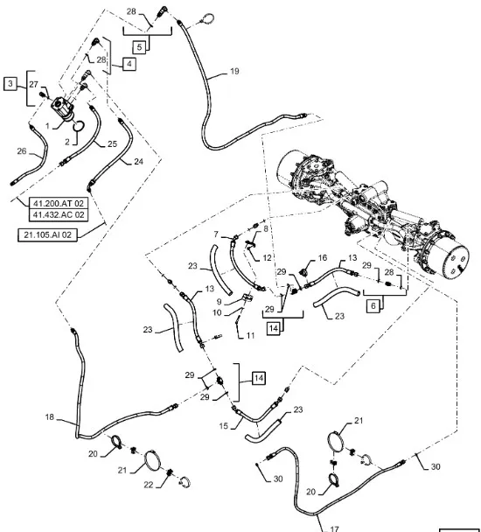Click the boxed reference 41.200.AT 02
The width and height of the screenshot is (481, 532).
point(59,203)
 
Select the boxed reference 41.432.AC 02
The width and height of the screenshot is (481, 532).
point(59,214)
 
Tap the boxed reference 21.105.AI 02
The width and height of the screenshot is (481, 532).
point(47,234)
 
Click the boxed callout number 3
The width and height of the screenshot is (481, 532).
point(10,84)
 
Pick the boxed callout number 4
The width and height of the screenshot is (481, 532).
point(129,64)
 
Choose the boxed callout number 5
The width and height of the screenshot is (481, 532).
point(139,47)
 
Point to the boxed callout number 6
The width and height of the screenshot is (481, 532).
point(373,305)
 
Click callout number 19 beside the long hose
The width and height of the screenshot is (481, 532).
point(234,71)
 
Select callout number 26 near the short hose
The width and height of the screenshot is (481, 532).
point(22,151)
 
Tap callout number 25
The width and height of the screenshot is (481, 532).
point(112,143)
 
